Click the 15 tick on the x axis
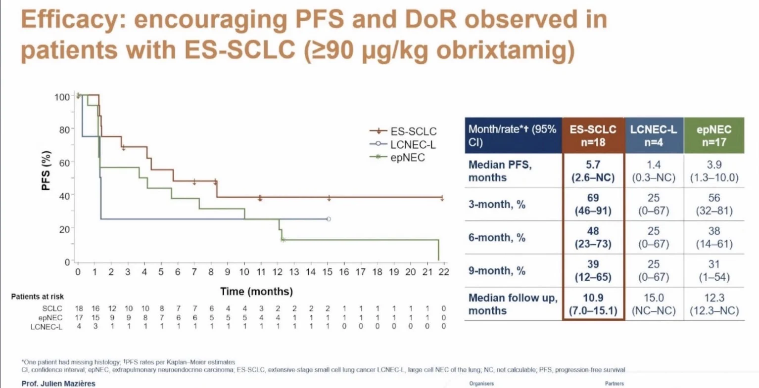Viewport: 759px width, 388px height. (x=327, y=272)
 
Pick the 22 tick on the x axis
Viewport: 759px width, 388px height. (x=444, y=272)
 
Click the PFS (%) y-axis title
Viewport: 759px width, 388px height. (x=46, y=171)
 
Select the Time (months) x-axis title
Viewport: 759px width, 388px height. (x=256, y=291)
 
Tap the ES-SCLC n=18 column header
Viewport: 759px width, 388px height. (x=593, y=136)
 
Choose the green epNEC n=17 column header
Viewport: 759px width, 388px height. (x=713, y=136)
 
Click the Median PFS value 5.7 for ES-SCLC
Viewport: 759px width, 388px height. (x=593, y=165)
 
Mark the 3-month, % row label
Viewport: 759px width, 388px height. (x=497, y=204)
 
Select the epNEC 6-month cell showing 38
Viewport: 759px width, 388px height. (x=714, y=231)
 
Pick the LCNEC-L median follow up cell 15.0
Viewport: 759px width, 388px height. (x=654, y=298)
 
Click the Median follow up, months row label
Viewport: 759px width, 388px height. (x=513, y=304)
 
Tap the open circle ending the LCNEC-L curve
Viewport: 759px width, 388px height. (x=329, y=219)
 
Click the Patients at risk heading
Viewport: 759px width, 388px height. (x=38, y=297)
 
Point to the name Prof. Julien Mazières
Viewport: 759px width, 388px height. (x=58, y=384)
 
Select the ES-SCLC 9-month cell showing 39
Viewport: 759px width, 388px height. (x=593, y=264)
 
